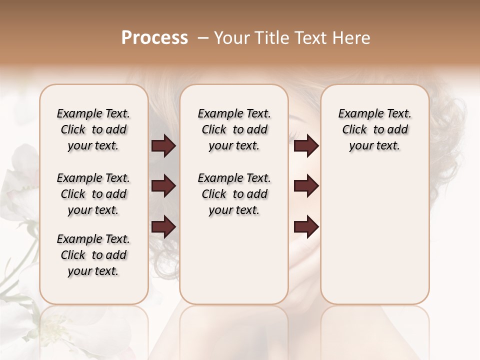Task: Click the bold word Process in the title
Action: coord(154,38)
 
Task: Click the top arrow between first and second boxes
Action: coord(163,146)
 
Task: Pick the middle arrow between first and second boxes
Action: coord(163,186)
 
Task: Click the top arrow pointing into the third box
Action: coord(306,146)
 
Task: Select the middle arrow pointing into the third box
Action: coord(306,186)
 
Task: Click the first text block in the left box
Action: coord(93,129)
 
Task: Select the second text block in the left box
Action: coord(93,194)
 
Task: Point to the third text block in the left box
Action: coord(93,255)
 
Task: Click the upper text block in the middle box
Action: coord(234,129)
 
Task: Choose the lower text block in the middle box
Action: coord(234,194)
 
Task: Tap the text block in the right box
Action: coord(375,129)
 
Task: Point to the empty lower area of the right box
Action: coord(375,235)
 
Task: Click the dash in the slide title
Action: coord(203,38)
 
